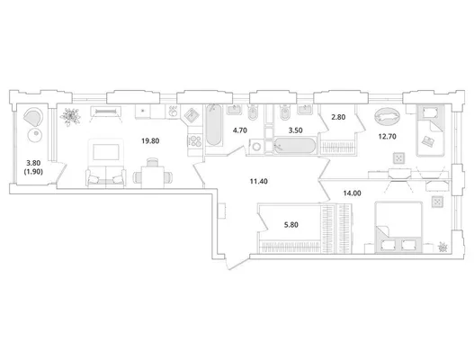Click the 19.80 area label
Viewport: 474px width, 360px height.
click(150, 140)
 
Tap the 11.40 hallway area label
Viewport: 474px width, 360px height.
click(259, 182)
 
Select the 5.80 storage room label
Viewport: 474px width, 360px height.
click(291, 225)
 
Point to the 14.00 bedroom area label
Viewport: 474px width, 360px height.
click(353, 193)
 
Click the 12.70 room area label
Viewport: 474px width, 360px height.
click(388, 137)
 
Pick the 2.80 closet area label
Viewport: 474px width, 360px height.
click(338, 117)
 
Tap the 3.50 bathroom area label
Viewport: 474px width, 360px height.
click(295, 130)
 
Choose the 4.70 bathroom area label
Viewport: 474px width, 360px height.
click(240, 130)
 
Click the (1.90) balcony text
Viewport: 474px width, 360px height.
click(33, 172)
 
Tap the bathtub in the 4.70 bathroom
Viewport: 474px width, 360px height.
click(214, 124)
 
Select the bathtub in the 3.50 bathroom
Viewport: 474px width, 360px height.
click(295, 146)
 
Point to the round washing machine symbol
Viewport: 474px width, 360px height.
click(256, 147)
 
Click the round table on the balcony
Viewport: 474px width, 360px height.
click(35, 135)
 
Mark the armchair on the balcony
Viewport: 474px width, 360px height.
click(33, 117)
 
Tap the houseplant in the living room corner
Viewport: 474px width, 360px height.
click(70, 116)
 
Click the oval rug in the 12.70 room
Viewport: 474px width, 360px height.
click(387, 116)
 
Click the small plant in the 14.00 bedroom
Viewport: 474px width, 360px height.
click(443, 247)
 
